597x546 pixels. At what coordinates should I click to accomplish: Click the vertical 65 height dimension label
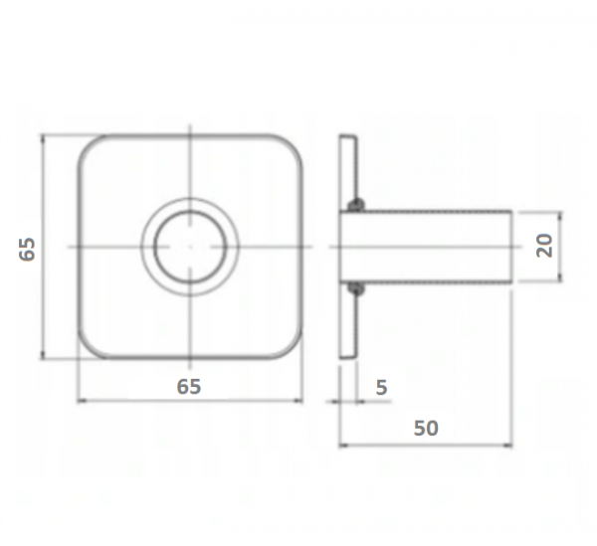click(x=27, y=250)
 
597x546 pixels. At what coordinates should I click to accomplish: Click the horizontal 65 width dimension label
click(x=189, y=387)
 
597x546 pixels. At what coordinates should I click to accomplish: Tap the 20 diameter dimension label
click(x=544, y=246)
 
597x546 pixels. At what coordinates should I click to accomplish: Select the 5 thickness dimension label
click(x=381, y=387)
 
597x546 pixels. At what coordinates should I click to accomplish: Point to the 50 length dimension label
click(x=426, y=428)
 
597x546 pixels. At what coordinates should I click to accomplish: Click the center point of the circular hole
click(x=190, y=247)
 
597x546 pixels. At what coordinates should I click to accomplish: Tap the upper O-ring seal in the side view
click(x=355, y=205)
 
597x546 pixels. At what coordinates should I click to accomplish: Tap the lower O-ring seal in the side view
click(x=355, y=289)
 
